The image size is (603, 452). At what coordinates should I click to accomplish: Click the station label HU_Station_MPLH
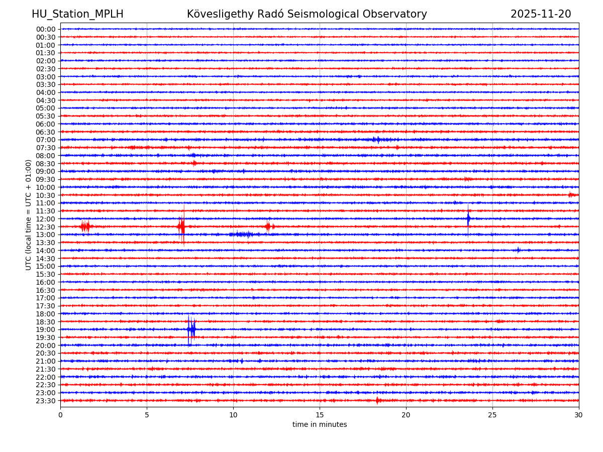coord(77,14)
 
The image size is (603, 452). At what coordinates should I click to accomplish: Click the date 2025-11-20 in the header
coord(541,14)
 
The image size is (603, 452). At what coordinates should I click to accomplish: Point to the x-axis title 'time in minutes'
coord(320,425)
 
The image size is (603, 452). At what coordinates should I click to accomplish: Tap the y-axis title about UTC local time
coord(29,214)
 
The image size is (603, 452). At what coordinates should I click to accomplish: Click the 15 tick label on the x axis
coord(320,415)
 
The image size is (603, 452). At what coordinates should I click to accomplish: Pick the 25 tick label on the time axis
coord(492,415)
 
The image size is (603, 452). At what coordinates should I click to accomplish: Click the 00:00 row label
coord(45,29)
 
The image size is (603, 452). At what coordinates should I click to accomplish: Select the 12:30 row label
coord(45,227)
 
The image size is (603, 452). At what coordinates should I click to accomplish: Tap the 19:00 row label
coord(45,329)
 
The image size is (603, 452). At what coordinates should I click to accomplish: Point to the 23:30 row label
coord(45,401)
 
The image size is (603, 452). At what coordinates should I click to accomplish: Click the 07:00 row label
coord(45,140)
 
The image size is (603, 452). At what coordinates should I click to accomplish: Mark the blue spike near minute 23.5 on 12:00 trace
coord(468,218)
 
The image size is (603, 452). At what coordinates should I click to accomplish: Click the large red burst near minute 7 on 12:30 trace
coord(181,227)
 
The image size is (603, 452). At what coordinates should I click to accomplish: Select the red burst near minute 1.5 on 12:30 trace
coord(85,227)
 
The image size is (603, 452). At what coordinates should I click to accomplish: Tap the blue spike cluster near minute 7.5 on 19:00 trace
coord(191,329)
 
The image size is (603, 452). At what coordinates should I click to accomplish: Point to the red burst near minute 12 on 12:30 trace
coord(268,227)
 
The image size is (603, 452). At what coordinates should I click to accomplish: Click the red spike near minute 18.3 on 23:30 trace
coord(377,400)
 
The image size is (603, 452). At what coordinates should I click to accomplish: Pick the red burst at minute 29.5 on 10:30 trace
coord(571,195)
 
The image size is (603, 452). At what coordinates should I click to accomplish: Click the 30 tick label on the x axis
coord(579,415)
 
